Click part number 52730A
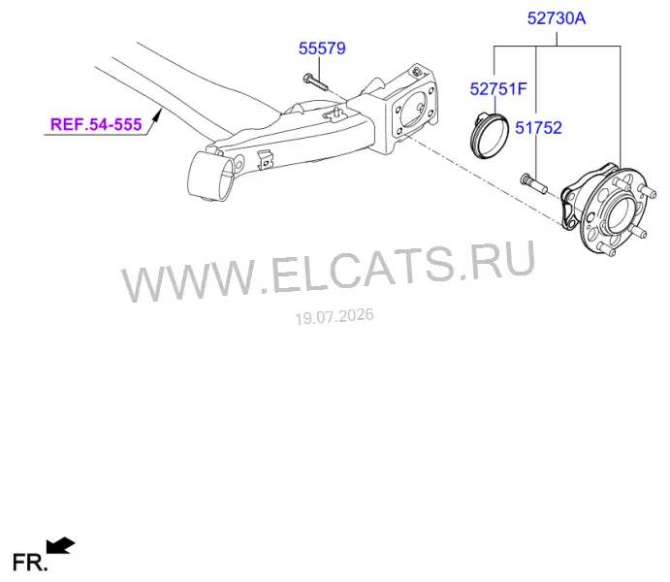click(x=557, y=18)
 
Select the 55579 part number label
click(x=322, y=48)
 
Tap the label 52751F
click(x=498, y=89)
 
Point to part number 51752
click(x=538, y=128)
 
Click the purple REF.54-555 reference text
click(x=96, y=124)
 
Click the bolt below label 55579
click(x=315, y=81)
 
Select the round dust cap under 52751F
click(x=490, y=136)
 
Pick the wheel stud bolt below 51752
click(x=534, y=183)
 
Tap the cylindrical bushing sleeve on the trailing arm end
click(x=210, y=176)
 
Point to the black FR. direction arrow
click(x=61, y=546)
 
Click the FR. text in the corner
click(x=29, y=563)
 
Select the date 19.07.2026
click(x=335, y=316)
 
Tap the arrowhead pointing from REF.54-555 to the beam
click(x=158, y=114)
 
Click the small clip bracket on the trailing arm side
click(x=265, y=160)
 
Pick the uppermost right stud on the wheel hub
click(x=648, y=191)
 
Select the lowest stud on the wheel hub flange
click(x=607, y=250)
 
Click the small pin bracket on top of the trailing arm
click(x=335, y=114)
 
